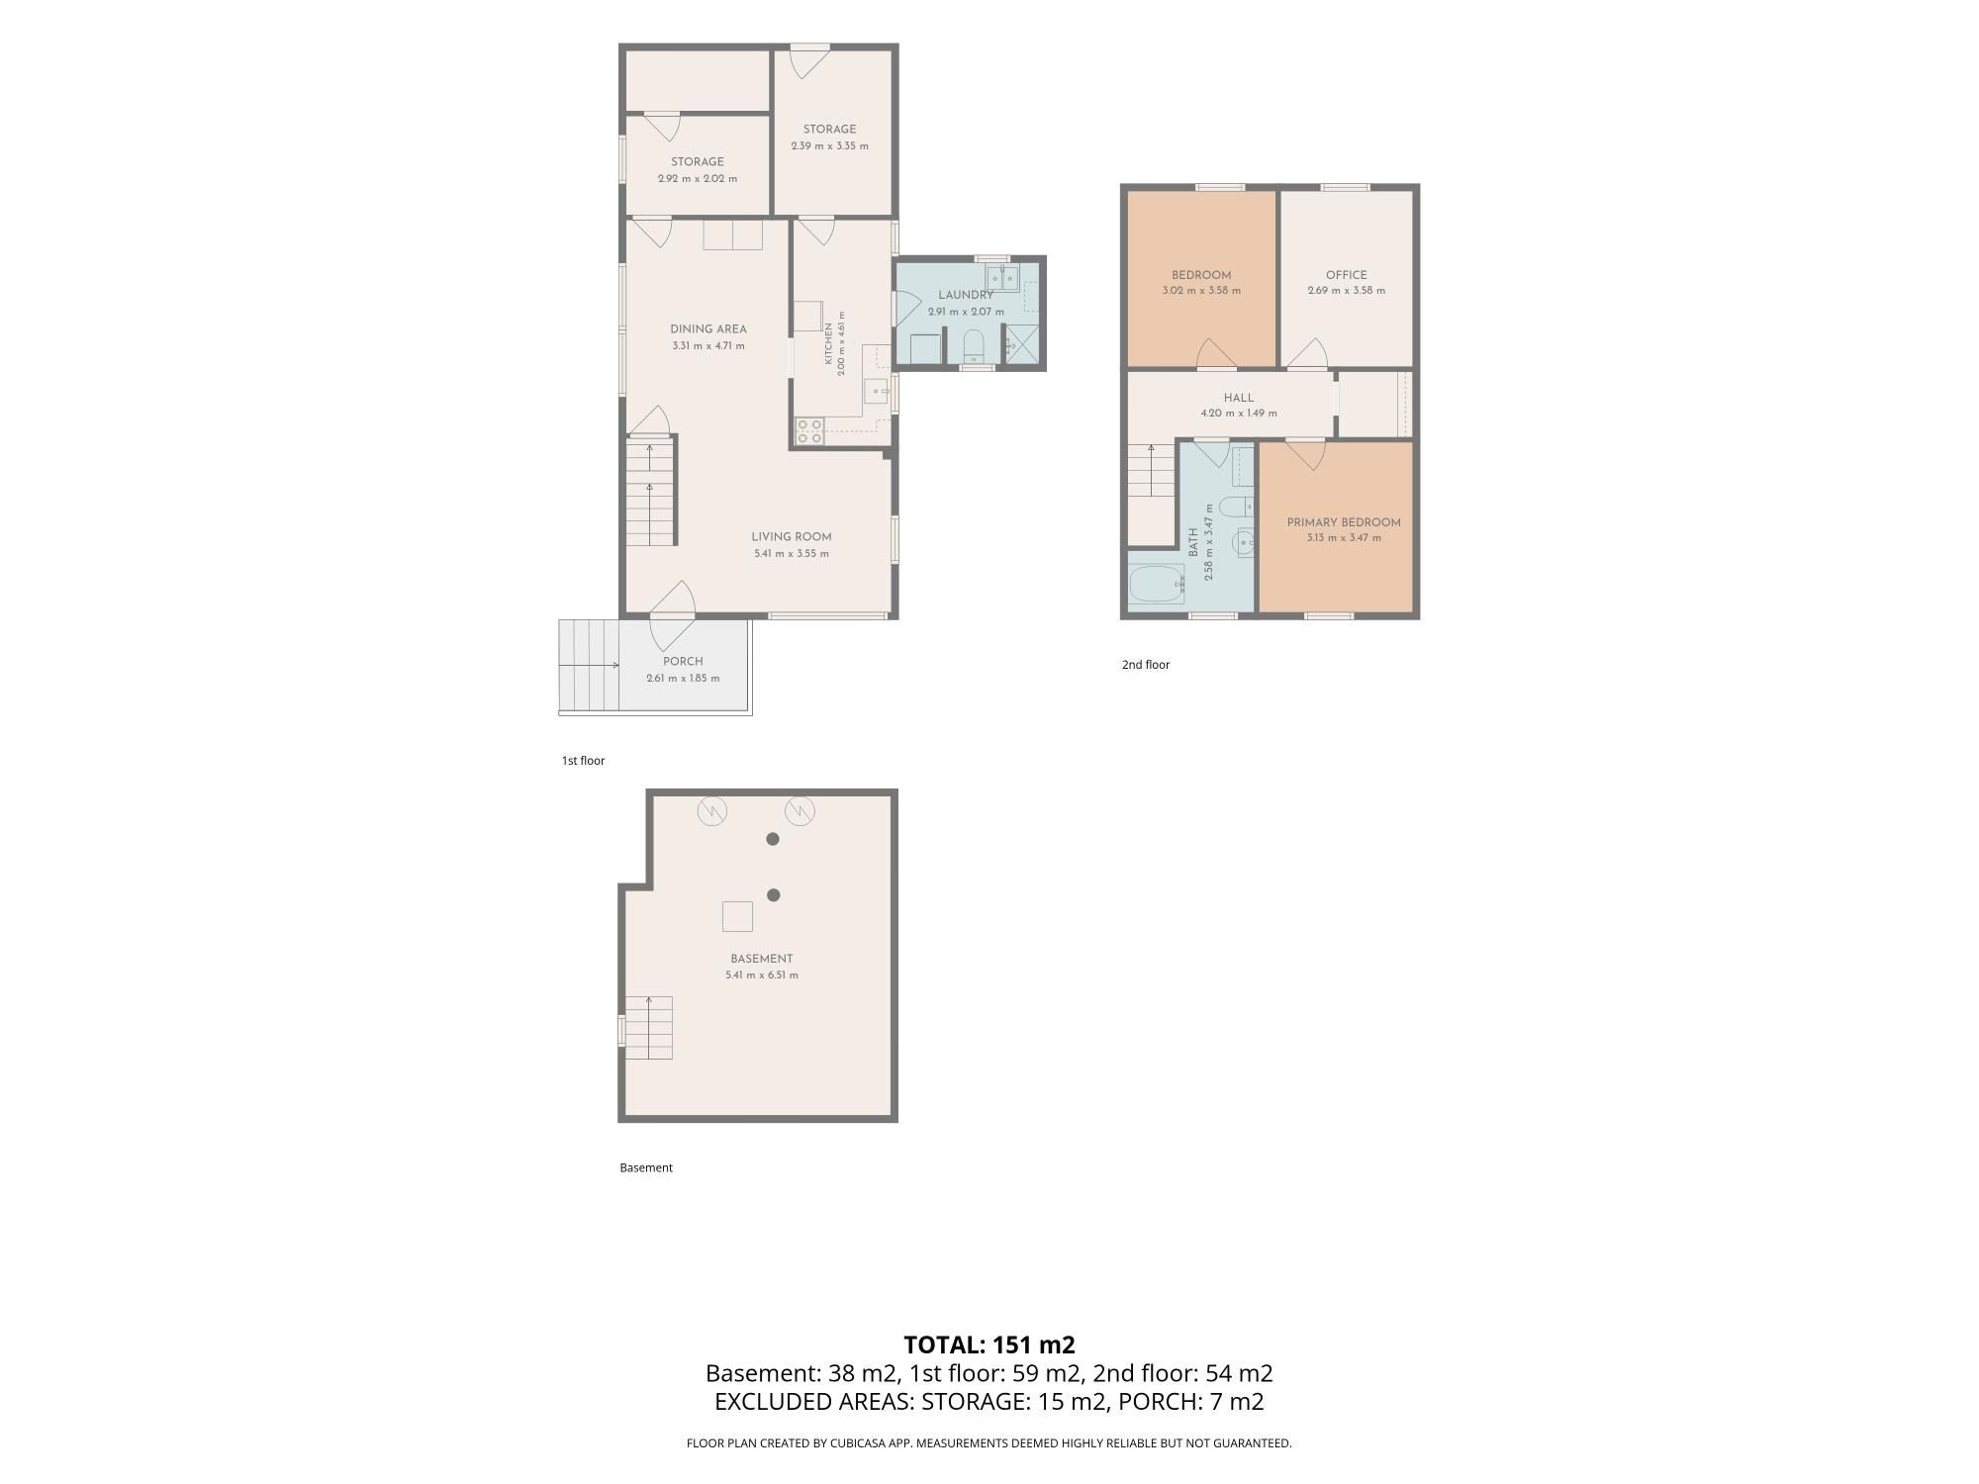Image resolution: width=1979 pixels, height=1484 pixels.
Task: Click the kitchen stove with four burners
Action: [810, 431]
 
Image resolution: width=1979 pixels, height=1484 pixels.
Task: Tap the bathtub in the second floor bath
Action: [1157, 585]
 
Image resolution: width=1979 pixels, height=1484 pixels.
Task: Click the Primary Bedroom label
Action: [1344, 522]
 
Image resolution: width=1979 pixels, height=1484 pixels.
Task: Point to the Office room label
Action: [1347, 275]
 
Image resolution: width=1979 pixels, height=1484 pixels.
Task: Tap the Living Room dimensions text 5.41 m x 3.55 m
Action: [792, 554]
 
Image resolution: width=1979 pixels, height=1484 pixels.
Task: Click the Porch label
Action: [683, 662]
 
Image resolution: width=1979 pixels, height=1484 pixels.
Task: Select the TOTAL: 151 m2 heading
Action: [989, 1345]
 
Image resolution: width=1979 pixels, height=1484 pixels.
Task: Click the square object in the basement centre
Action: [737, 917]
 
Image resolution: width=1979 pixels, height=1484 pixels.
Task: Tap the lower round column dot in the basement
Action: [774, 895]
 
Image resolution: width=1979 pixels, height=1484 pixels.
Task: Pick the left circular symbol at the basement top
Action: [712, 812]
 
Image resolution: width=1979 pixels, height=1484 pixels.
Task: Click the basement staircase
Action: [648, 1027]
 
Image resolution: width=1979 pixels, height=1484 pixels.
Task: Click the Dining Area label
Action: [708, 329]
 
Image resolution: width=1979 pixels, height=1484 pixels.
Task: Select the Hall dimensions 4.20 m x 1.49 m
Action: [1239, 414]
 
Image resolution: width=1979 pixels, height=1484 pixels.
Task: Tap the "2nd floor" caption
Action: [1146, 665]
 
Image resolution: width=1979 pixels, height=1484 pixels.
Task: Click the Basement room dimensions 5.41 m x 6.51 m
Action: [762, 975]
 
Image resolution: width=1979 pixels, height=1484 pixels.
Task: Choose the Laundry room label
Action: [966, 295]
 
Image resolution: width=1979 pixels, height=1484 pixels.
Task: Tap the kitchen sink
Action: [878, 392]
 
